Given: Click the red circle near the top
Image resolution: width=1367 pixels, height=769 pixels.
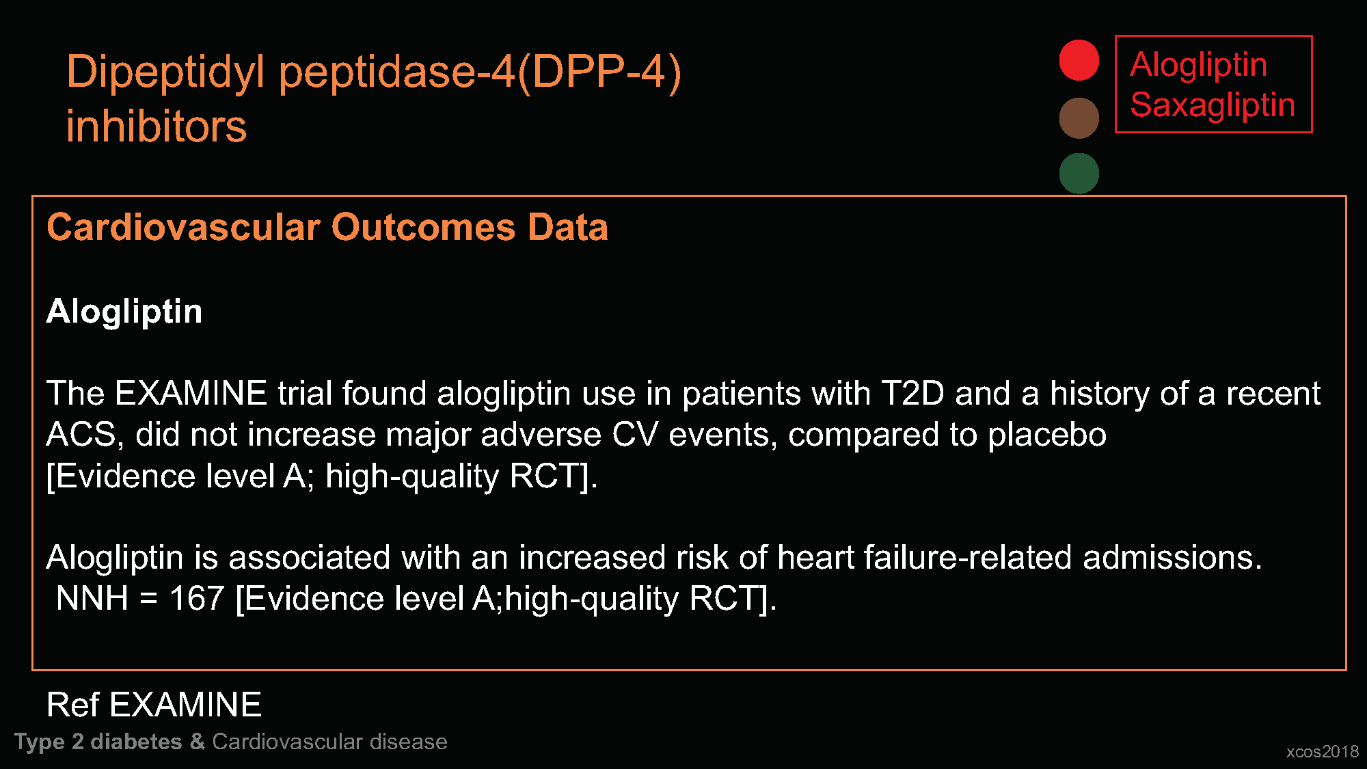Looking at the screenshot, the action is (x=1079, y=60).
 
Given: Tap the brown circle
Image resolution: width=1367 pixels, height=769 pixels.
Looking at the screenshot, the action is (x=1079, y=118).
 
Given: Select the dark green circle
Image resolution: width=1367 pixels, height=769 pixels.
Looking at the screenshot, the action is (x=1079, y=173).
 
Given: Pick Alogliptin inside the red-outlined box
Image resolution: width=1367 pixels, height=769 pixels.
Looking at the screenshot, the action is (x=1198, y=66).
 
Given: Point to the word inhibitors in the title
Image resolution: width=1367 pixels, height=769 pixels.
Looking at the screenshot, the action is (x=157, y=126).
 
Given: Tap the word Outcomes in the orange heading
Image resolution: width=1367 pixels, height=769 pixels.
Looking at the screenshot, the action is (x=424, y=227).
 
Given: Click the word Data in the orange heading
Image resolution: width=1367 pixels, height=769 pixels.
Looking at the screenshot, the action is (x=567, y=227).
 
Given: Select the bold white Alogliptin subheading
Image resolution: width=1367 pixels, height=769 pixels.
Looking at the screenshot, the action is (x=124, y=312).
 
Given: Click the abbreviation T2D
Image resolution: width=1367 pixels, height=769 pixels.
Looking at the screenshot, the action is (x=912, y=394).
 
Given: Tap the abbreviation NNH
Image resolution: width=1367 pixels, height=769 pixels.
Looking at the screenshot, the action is (x=92, y=599).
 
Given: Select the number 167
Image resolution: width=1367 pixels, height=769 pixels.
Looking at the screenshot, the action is (x=197, y=599).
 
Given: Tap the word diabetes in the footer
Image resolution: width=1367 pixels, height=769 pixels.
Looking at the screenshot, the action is (x=136, y=742).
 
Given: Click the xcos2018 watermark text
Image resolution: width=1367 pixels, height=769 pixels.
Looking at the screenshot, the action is (x=1323, y=752).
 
